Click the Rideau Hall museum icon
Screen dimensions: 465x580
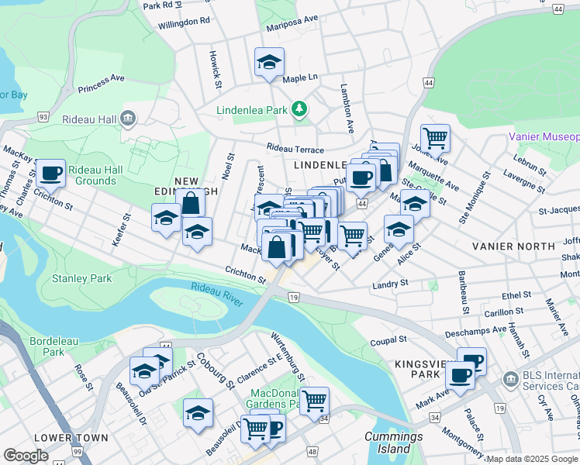tap(129, 119)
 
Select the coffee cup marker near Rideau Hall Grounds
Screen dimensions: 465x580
tap(51, 174)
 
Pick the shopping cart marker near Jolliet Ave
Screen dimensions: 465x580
tap(435, 139)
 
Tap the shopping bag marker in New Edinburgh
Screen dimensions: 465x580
tap(191, 205)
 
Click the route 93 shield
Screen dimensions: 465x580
tap(43, 117)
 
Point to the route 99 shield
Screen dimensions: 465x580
tap(76, 450)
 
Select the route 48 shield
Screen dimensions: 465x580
tap(312, 450)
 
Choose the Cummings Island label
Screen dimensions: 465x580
tap(388, 443)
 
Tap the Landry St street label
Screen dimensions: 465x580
tap(390, 284)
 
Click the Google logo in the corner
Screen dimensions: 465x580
tap(26, 456)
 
